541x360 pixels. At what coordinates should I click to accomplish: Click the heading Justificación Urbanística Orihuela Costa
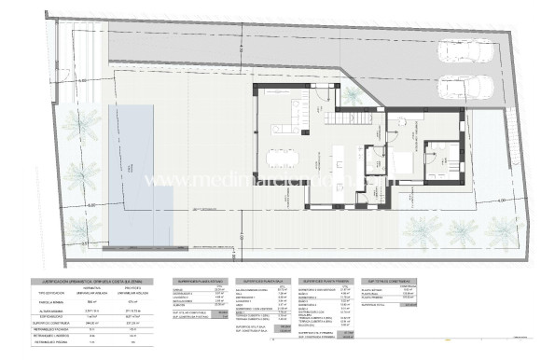click(85, 280)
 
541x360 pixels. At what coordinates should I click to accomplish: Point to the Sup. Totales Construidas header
click(388, 280)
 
